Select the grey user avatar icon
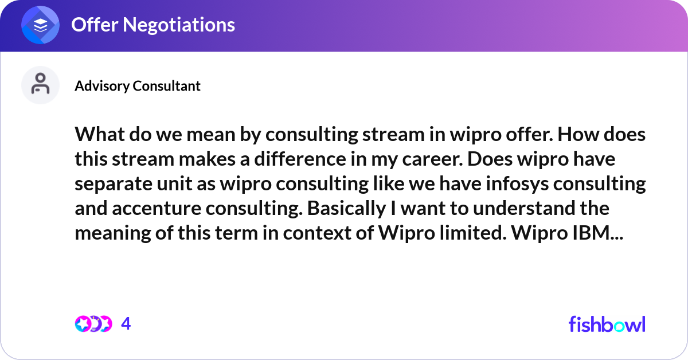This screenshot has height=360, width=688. pyautogui.click(x=40, y=85)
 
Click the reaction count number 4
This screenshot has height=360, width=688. pyautogui.click(x=126, y=324)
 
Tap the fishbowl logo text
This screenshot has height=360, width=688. pyautogui.click(x=607, y=324)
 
